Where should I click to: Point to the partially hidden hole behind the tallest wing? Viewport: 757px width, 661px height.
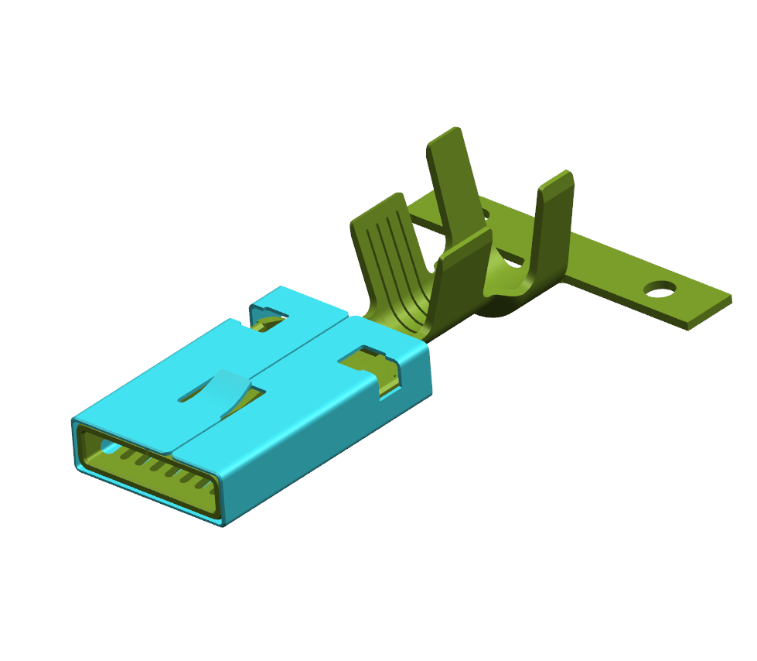click(484, 211)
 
